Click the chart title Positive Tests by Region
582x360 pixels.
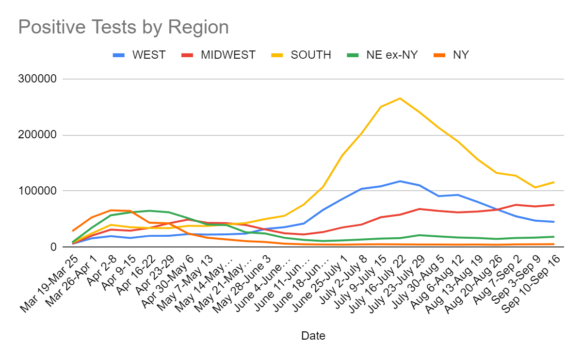[123, 27]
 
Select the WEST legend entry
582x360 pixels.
[149, 55]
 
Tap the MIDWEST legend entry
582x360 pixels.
[228, 55]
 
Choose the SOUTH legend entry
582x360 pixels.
[311, 55]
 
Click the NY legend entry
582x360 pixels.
[461, 55]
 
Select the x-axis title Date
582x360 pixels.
[313, 335]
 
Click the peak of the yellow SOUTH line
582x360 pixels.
[400, 98]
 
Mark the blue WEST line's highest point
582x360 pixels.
[400, 181]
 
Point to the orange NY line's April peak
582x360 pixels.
[111, 210]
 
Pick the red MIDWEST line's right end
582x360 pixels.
[554, 205]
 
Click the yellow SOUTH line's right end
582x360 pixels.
[554, 182]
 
